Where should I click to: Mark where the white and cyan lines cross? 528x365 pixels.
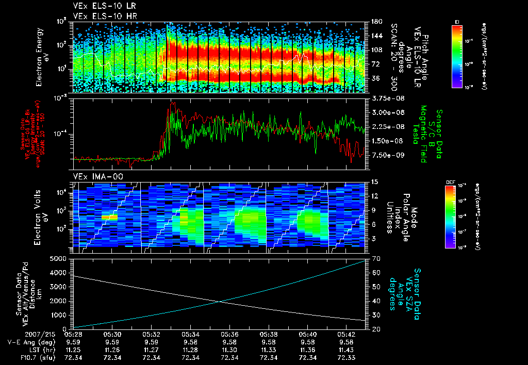click(220, 302)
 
